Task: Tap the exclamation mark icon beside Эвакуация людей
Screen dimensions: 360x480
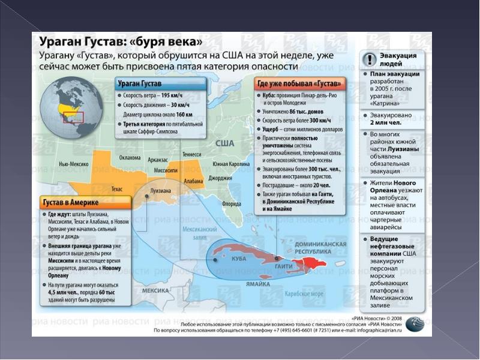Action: point(370,59)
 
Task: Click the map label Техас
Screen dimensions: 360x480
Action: point(117,189)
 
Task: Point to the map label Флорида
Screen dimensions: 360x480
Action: point(232,204)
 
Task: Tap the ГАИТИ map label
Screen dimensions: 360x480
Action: point(283,266)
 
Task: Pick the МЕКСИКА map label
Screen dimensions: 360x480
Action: point(155,290)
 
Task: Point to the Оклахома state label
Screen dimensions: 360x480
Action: point(130,158)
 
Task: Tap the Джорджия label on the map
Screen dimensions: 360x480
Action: point(220,178)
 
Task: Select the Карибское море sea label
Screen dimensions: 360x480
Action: point(306,295)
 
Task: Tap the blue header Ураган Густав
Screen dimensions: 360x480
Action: point(140,83)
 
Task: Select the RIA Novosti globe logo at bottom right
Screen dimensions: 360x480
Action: point(415,325)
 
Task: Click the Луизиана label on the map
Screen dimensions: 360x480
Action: point(160,191)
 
